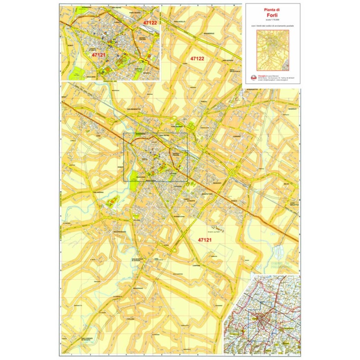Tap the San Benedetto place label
tap(134, 109)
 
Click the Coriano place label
tap(237, 136)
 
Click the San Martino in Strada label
tap(139, 261)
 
